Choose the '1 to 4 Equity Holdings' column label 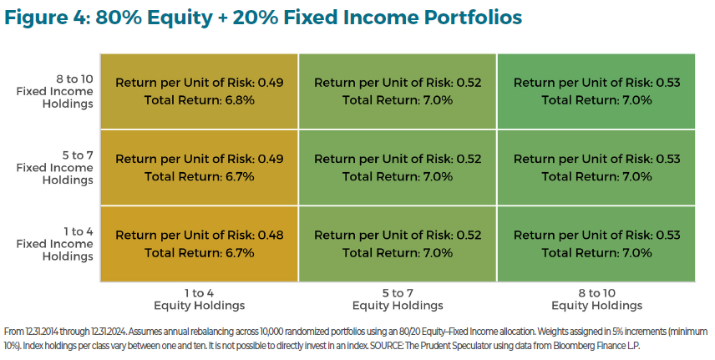pos(199,298)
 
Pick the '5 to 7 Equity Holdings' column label pos(398,298)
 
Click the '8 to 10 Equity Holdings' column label pos(596,298)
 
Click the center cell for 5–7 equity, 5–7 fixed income pos(398,167)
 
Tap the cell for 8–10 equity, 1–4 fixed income pos(596,244)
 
